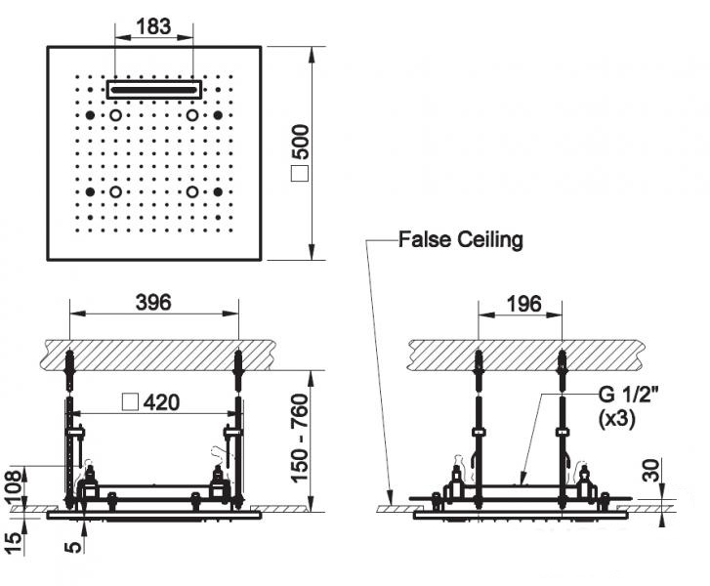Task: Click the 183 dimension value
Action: (x=153, y=26)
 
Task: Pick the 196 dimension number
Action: (x=523, y=304)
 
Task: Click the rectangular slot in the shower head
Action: (x=153, y=89)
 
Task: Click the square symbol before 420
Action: (x=127, y=401)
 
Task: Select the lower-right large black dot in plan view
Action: (x=218, y=192)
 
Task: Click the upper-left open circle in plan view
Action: (x=116, y=116)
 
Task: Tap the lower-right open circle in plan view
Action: (x=192, y=192)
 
